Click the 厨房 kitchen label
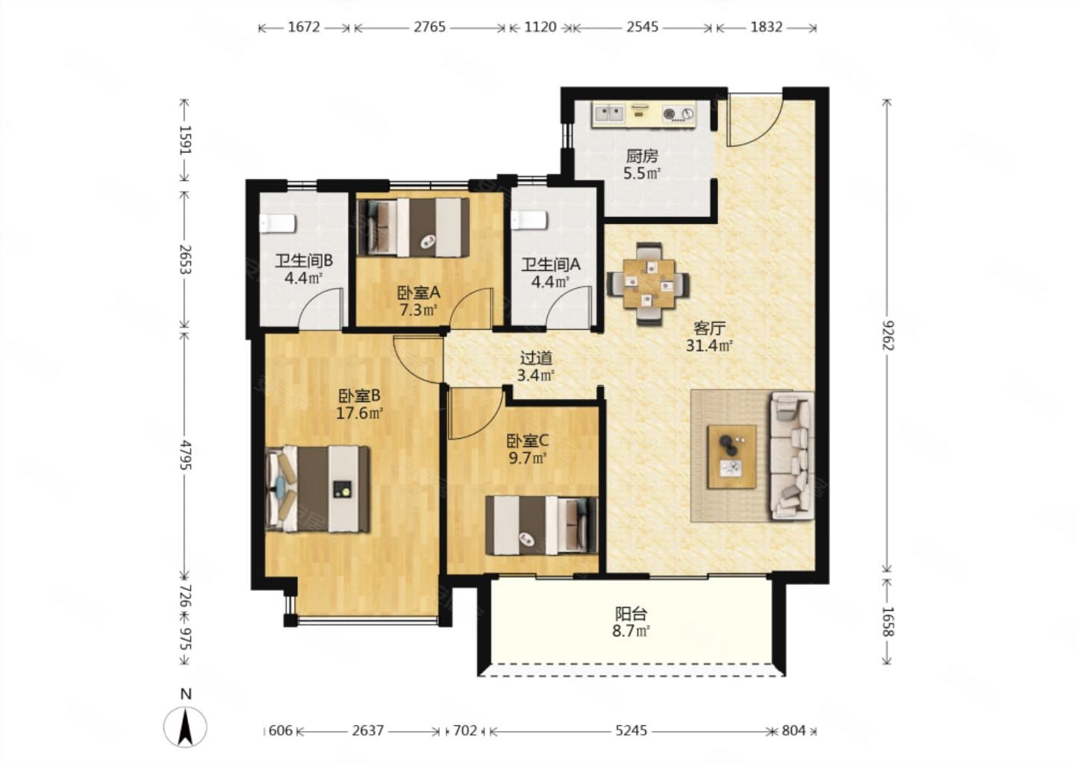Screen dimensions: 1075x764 [642, 157]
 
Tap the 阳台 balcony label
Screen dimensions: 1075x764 [631, 614]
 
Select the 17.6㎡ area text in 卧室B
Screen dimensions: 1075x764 [359, 413]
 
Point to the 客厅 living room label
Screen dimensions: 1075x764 [709, 328]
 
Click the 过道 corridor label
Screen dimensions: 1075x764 [536, 358]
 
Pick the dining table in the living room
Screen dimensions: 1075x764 [648, 284]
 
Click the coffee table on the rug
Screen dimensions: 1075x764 [732, 457]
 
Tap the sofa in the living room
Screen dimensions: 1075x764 [792, 456]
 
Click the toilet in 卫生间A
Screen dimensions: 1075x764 [529, 220]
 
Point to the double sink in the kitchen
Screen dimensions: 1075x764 [609, 114]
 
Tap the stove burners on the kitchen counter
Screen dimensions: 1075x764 [678, 114]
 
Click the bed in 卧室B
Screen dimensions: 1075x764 [317, 489]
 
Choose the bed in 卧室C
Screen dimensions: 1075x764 [542, 526]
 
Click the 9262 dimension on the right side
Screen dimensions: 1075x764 [888, 335]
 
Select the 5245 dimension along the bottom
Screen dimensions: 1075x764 [631, 730]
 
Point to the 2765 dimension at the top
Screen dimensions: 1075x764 [429, 27]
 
